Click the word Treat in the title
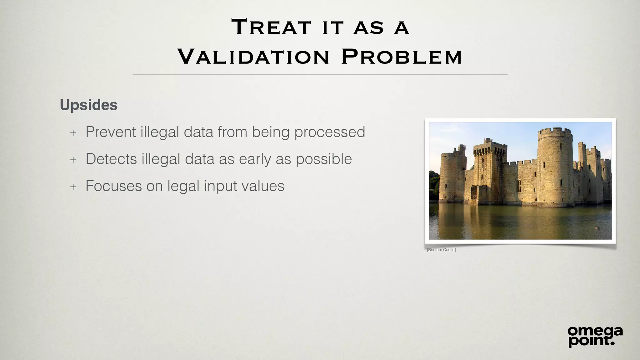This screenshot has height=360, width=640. tap(271, 27)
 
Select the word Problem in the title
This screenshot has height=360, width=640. tap(402, 57)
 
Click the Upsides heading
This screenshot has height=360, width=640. tap(89, 105)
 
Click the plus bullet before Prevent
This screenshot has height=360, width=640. tap(73, 133)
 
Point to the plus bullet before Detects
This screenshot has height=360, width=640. tap(73, 160)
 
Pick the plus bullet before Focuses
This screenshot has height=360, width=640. tap(73, 187)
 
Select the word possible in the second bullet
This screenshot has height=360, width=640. tap(324, 159)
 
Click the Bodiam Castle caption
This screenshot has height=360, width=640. tap(441, 250)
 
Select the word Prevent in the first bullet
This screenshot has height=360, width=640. tap(111, 132)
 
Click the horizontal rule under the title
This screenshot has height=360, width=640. tap(320, 75)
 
